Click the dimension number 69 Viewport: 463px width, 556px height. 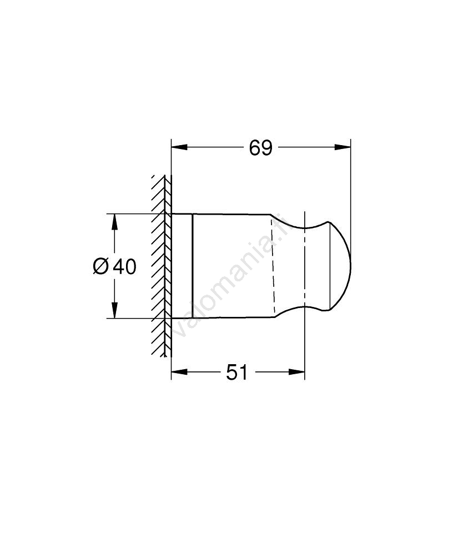260,148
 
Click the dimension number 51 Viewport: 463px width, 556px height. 237,373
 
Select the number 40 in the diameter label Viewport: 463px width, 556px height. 124,266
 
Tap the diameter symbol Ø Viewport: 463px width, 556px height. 100,266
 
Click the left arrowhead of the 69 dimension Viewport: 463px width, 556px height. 179,147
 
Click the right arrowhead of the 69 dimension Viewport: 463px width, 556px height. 343,147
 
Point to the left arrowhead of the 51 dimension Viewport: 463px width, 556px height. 179,371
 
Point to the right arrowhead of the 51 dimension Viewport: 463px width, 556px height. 296,371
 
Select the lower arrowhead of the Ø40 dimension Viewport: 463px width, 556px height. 114,310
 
